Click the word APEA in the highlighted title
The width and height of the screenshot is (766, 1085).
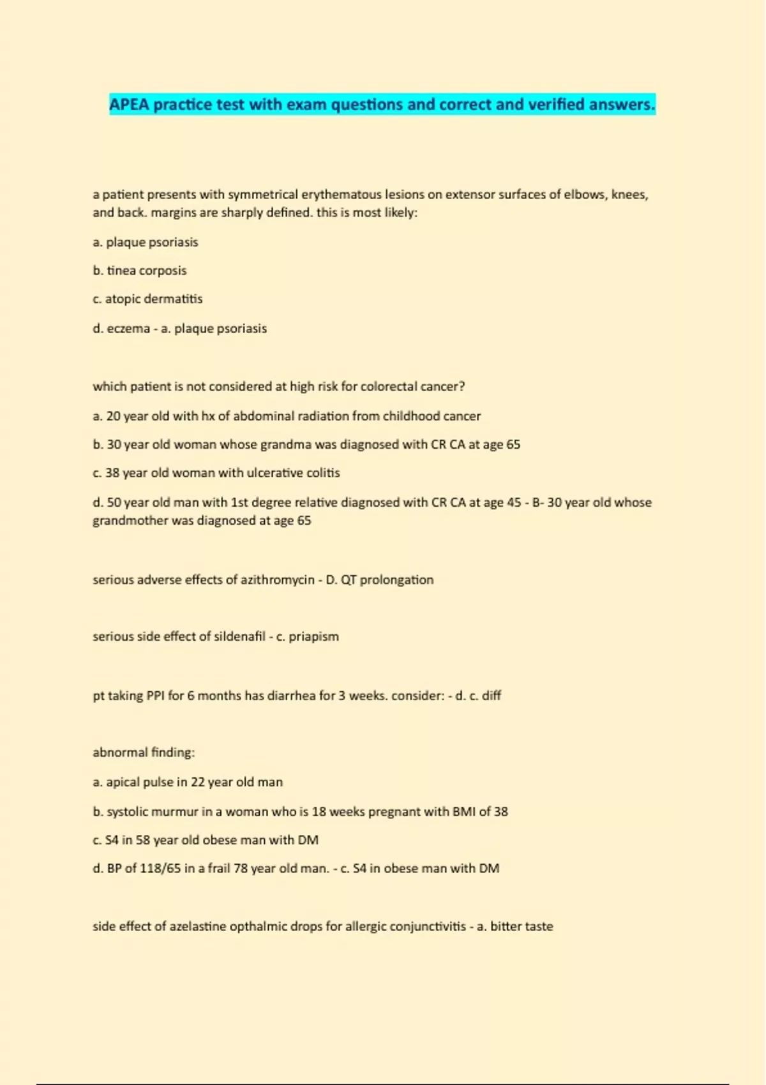pos(129,105)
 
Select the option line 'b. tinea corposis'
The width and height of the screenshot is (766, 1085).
pos(140,271)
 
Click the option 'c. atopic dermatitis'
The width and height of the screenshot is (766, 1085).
pos(147,299)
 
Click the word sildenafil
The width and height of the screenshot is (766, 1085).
pos(239,636)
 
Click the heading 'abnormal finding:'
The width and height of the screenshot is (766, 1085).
pos(144,752)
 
